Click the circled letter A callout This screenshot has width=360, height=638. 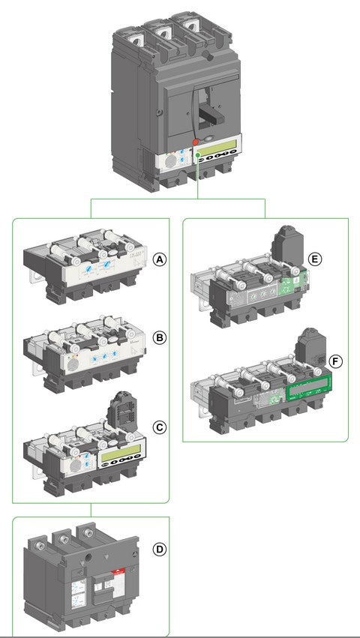pyautogui.click(x=158, y=259)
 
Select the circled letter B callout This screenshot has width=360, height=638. pyautogui.click(x=158, y=337)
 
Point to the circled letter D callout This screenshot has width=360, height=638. pyautogui.click(x=158, y=550)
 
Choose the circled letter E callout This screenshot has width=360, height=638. pyautogui.click(x=315, y=259)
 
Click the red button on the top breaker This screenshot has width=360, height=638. pyautogui.click(x=195, y=142)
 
